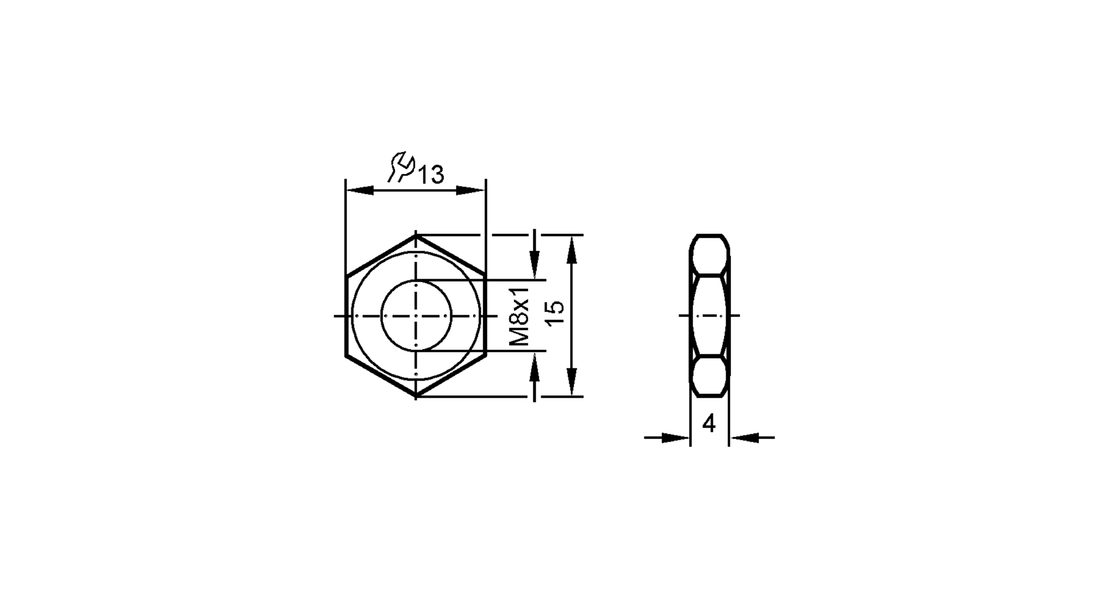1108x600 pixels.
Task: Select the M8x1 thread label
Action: [x=520, y=316]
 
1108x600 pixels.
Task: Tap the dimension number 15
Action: [x=555, y=316]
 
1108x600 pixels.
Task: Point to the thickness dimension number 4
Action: [x=709, y=424]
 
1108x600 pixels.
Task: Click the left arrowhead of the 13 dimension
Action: [x=359, y=191]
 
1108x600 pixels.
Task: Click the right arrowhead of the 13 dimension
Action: [x=471, y=191]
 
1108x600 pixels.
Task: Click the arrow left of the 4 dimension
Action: [x=676, y=438]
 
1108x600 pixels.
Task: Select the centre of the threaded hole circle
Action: [x=416, y=316]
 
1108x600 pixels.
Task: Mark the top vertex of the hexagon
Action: [x=416, y=235]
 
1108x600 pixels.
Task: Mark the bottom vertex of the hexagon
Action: [x=416, y=396]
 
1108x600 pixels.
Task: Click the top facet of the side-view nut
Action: [x=709, y=254]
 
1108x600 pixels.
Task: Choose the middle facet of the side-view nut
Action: [x=709, y=316]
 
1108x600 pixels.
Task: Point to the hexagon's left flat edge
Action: [x=346, y=316]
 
